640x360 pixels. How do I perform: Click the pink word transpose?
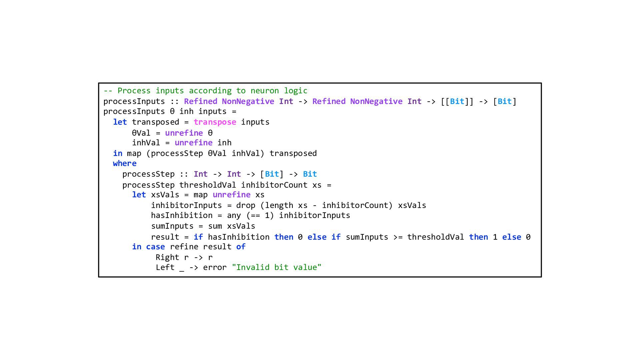[x=215, y=122]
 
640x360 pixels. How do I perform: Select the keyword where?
[x=125, y=163]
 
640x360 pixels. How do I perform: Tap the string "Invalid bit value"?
[x=277, y=267]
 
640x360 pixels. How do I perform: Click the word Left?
[x=165, y=267]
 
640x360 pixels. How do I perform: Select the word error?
[x=215, y=267]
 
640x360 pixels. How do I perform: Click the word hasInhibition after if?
[x=239, y=237]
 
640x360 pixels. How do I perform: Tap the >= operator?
[x=398, y=237]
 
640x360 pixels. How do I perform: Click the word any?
[x=234, y=215]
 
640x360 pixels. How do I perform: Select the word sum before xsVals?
[x=215, y=226]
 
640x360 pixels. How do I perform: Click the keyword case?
[x=155, y=247]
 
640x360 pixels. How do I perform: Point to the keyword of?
[x=241, y=247]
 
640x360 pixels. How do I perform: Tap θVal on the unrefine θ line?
[x=141, y=133]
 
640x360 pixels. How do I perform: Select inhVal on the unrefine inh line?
[x=146, y=143]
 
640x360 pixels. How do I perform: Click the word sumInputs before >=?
[x=367, y=237]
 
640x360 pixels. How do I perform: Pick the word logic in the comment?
[x=296, y=91]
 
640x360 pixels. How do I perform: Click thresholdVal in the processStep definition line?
[x=208, y=185]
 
